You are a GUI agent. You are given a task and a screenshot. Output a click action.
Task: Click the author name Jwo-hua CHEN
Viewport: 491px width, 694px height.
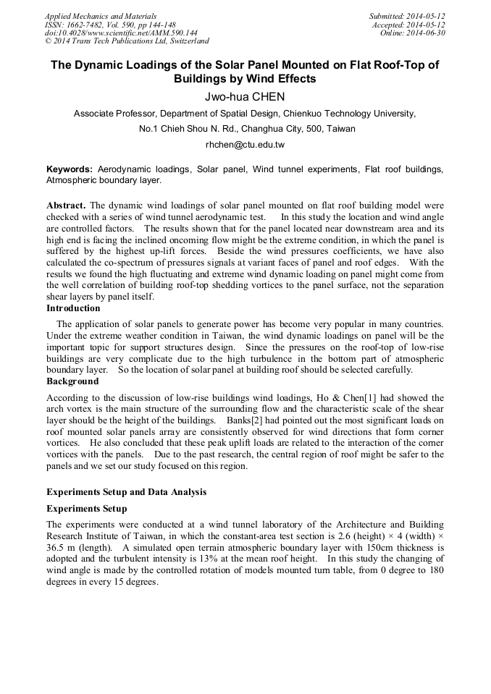245,96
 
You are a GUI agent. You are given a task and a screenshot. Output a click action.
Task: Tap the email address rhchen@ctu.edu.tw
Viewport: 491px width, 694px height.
245,145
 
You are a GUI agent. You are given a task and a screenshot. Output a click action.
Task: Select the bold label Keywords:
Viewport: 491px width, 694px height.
70,169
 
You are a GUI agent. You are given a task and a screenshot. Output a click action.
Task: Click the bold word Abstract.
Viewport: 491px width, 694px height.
66,206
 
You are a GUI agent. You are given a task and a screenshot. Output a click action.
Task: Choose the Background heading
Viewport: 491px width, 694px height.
72,381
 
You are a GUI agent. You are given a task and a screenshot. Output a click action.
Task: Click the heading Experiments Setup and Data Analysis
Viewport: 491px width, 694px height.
126,492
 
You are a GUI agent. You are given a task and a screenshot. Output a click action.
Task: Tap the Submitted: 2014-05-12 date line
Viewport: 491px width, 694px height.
407,16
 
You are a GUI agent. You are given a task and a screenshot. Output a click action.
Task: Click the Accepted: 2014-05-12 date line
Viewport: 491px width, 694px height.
408,25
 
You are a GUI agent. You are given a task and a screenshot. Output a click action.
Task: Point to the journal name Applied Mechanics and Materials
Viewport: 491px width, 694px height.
101,16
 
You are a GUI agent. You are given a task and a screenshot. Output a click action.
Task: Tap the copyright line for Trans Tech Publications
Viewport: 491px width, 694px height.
127,41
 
